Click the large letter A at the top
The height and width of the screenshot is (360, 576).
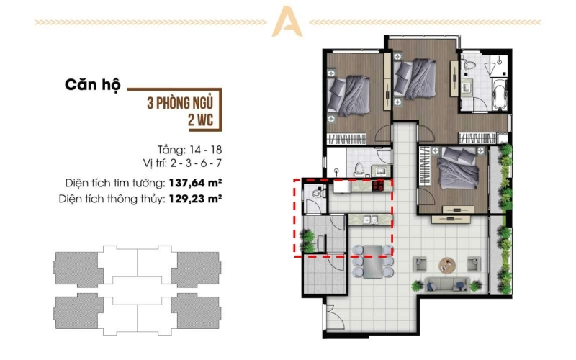click(x=287, y=22)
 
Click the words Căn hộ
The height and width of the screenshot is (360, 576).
click(x=93, y=85)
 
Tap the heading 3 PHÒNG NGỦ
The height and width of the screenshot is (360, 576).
click(x=180, y=103)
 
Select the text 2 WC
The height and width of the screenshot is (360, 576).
click(x=201, y=120)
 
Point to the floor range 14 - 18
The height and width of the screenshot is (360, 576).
click(x=206, y=150)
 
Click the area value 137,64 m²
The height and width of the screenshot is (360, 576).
click(x=195, y=183)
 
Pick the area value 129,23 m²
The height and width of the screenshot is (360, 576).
click(x=195, y=199)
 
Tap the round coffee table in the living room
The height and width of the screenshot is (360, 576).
click(x=447, y=264)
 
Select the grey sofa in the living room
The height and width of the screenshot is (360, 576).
click(x=446, y=284)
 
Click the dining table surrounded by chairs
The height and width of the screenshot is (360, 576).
click(x=373, y=261)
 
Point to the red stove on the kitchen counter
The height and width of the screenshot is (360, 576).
click(x=378, y=186)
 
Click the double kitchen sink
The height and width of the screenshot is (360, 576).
click(x=370, y=220)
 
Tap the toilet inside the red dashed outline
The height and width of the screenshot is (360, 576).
click(x=317, y=193)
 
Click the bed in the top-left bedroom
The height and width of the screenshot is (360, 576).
click(x=348, y=96)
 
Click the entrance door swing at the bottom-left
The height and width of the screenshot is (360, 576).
click(x=335, y=315)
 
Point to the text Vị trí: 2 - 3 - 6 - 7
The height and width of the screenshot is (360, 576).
click(x=183, y=163)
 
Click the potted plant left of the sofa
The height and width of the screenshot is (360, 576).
click(x=418, y=285)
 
